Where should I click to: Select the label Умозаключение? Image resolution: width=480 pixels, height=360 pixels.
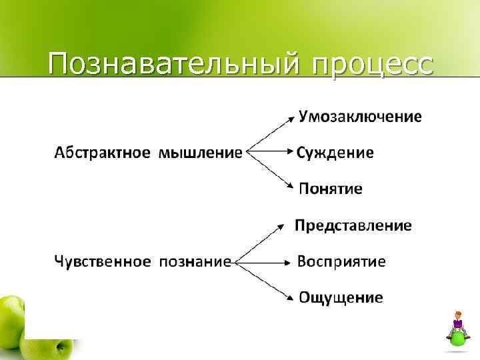pyautogui.click(x=359, y=117)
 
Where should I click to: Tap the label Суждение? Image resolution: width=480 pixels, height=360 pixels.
pyautogui.click(x=335, y=153)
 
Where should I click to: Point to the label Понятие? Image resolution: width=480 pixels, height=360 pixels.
pyautogui.click(x=331, y=189)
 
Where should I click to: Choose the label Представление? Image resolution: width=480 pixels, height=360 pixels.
pyautogui.click(x=353, y=225)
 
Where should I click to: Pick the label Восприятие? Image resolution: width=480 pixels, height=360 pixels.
pyautogui.click(x=341, y=261)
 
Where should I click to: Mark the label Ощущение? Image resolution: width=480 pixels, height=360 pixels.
pyautogui.click(x=341, y=297)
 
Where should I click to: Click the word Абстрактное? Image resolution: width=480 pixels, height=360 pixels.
pyautogui.click(x=102, y=153)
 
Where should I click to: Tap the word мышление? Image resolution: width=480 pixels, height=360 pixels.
pyautogui.click(x=200, y=153)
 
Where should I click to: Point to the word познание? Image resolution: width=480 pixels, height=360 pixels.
pyautogui.click(x=195, y=261)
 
